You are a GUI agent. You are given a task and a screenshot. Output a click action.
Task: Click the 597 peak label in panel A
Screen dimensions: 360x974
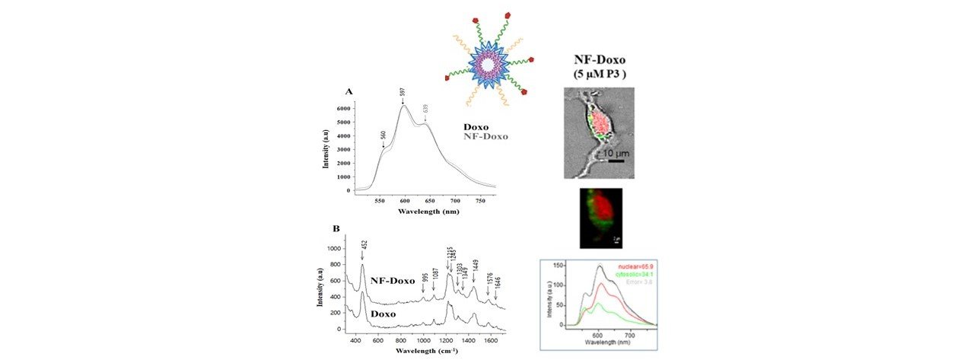click(x=402, y=92)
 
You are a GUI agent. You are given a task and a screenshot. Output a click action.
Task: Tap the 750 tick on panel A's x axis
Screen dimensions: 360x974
click(x=480, y=202)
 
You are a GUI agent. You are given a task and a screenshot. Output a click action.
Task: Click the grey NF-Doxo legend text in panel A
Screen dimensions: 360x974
click(x=485, y=137)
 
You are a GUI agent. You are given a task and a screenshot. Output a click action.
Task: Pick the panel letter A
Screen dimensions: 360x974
click(x=349, y=91)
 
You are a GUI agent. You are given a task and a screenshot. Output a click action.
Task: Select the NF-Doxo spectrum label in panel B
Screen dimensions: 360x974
click(x=392, y=281)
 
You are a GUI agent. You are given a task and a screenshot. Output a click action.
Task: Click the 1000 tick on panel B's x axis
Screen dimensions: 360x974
click(x=422, y=340)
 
